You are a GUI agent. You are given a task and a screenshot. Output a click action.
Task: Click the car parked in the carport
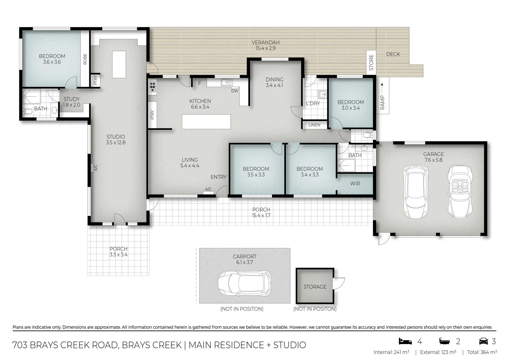[x=245, y=283]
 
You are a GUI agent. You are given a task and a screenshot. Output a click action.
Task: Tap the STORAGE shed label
[x=315, y=287]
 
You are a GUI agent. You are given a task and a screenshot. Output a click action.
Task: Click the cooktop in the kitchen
[x=152, y=87]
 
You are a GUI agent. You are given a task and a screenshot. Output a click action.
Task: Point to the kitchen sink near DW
[x=227, y=82]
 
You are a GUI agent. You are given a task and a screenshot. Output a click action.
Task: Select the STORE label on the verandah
[x=371, y=62]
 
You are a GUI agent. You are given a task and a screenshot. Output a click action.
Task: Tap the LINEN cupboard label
[x=314, y=125]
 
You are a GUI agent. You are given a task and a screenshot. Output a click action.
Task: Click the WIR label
[x=355, y=183]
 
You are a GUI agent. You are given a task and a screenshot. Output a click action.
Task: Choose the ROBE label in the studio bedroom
[x=85, y=59]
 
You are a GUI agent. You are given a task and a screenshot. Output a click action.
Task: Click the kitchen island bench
[x=206, y=122]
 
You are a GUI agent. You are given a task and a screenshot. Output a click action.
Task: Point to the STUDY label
[x=72, y=99]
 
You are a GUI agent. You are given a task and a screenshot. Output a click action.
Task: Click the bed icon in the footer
[x=405, y=341]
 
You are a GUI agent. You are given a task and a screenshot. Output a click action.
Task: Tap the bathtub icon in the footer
[x=445, y=341]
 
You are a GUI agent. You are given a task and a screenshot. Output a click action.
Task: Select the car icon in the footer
[x=483, y=341]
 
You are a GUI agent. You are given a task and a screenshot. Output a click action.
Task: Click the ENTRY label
[x=218, y=177]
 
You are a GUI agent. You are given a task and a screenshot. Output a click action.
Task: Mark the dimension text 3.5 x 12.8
[x=116, y=143]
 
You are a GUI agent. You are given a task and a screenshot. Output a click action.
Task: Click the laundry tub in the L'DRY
[x=322, y=94]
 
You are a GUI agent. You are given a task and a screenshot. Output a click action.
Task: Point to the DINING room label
[x=274, y=79]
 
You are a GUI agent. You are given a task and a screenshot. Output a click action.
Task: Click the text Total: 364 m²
[x=482, y=352]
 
